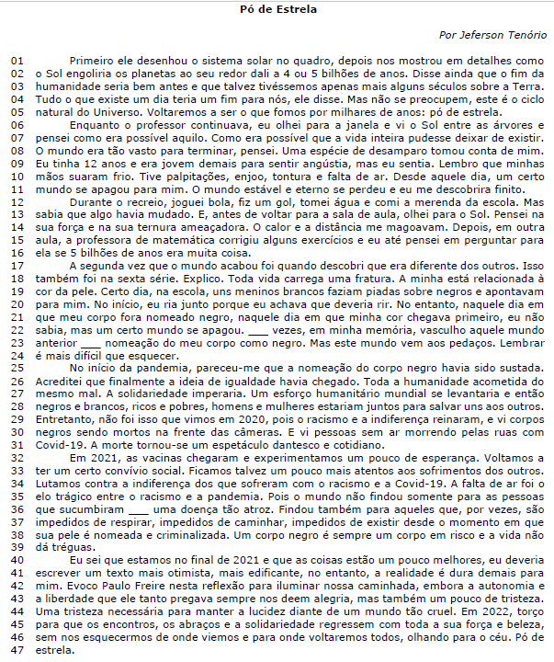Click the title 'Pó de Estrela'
tap(277, 10)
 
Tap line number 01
tap(17, 60)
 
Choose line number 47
tap(17, 649)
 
